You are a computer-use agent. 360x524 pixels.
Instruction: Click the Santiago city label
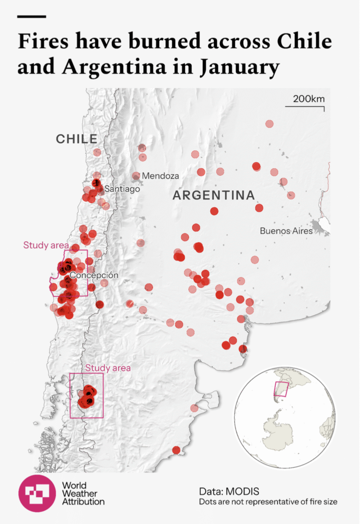122,189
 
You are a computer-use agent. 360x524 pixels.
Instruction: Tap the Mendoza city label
161,176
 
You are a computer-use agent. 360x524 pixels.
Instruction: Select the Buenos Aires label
286,231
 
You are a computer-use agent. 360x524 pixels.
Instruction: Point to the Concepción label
94,275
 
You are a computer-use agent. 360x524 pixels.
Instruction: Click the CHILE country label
77,139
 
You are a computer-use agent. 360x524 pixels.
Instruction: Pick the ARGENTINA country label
214,195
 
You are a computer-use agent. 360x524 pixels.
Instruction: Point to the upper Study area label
46,245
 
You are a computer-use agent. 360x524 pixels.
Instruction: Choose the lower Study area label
108,367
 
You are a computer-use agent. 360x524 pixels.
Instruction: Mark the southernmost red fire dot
176,450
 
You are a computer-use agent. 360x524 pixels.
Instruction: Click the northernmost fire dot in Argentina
269,124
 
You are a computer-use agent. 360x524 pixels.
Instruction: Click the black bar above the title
32,16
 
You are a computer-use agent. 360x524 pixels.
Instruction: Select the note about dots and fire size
268,501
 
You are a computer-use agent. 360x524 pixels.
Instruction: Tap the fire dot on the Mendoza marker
136,176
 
